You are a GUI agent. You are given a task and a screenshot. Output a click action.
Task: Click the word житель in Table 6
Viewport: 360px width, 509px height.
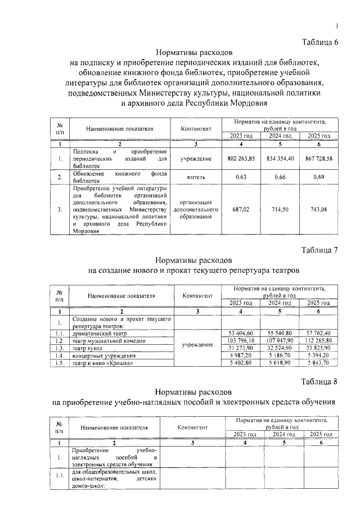[196, 178]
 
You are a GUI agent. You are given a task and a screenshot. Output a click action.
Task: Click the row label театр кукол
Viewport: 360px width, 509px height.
[88, 349]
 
